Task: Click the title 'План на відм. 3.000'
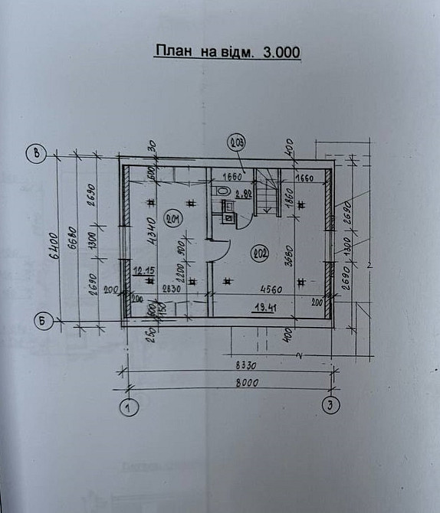coord(227,52)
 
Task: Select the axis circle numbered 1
coord(129,407)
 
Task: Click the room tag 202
coord(259,254)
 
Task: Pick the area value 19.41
coord(264,308)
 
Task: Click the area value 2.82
coord(244,194)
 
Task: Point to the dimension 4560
coord(264,289)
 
